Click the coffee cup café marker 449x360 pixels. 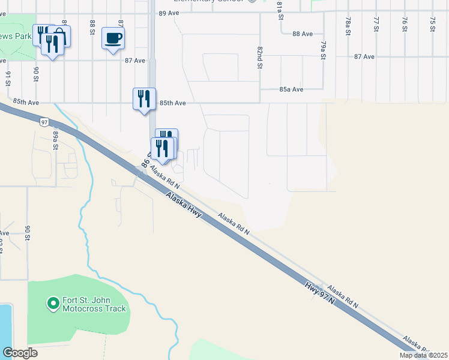tap(113, 39)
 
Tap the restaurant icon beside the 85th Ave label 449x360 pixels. tap(144, 98)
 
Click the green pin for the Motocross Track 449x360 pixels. tap(53, 304)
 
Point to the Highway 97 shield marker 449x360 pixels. tap(44, 122)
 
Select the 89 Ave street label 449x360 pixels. tap(169, 13)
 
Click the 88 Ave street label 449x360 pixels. tap(304, 34)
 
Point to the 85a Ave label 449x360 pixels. tap(292, 89)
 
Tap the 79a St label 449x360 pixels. tap(322, 50)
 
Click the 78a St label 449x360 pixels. tap(348, 26)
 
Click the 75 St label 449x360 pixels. tap(432, 25)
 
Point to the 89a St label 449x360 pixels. tap(55, 140)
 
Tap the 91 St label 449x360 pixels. tap(8, 79)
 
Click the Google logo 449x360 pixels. tap(20, 353)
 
